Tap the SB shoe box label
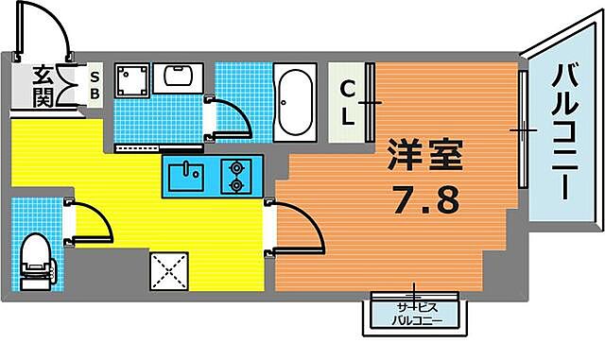[95, 84]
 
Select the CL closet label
[348, 103]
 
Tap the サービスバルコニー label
[415, 312]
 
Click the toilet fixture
[36, 259]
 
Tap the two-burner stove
[234, 176]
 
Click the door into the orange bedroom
[293, 227]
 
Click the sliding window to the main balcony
[521, 128]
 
